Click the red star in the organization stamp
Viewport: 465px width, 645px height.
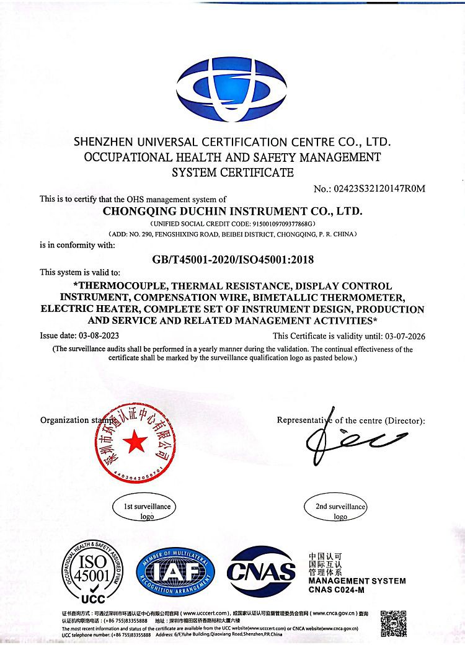coord(135,441)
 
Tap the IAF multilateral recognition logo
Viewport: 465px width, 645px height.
coord(175,572)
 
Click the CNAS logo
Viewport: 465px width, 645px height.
coord(260,571)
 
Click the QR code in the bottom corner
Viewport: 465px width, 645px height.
coord(393,623)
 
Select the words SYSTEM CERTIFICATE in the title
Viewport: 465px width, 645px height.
coord(232,172)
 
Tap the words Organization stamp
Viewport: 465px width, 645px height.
coord(68,420)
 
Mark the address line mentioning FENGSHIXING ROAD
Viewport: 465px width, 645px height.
coord(232,234)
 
